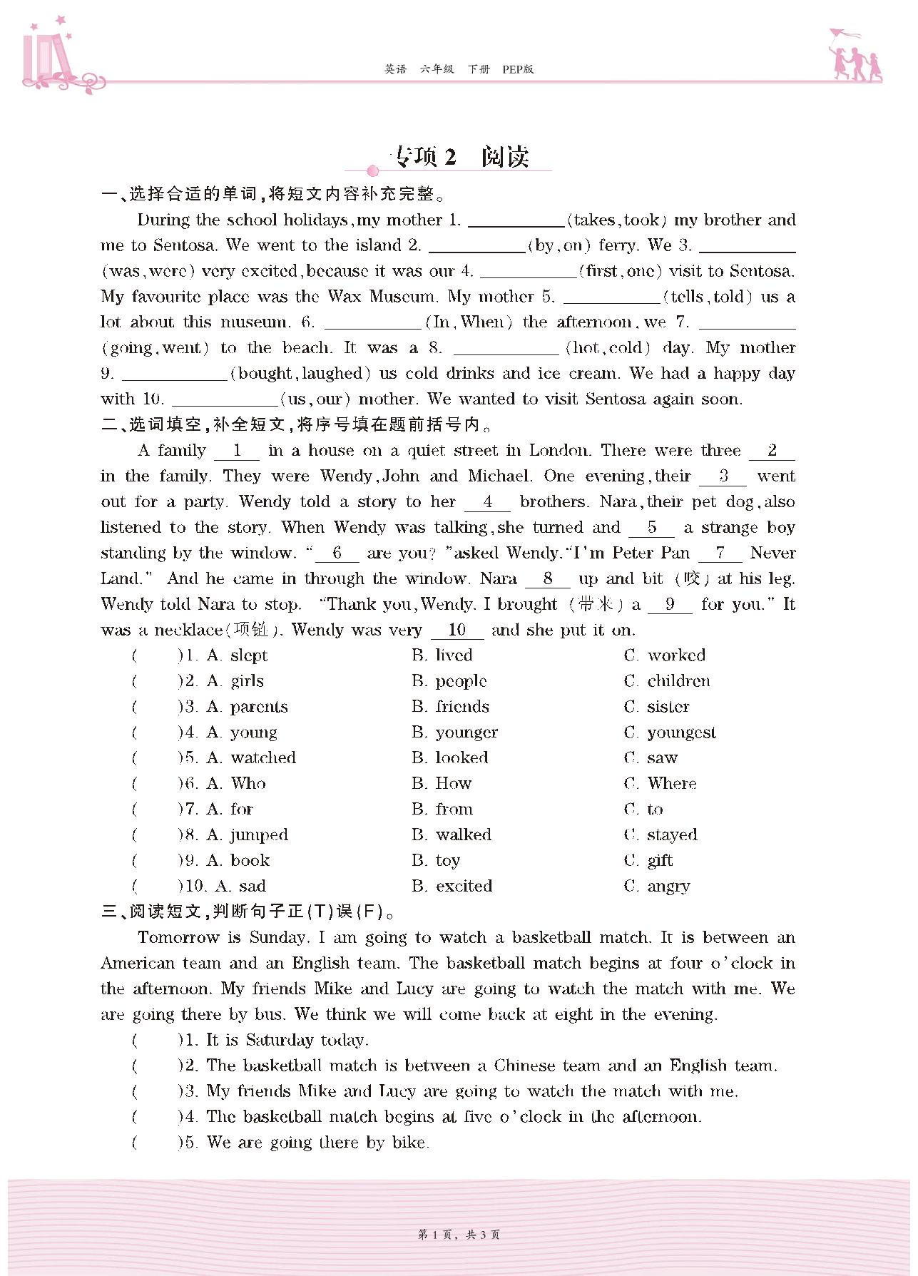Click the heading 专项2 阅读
click(460, 157)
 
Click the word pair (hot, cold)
click(608, 348)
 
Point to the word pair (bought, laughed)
click(300, 374)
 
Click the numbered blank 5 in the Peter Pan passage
click(651, 529)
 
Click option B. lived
click(442, 655)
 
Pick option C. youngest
click(670, 733)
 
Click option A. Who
click(236, 784)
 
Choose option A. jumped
click(247, 835)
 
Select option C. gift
click(648, 861)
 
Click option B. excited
click(452, 887)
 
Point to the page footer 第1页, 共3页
click(459, 1235)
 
